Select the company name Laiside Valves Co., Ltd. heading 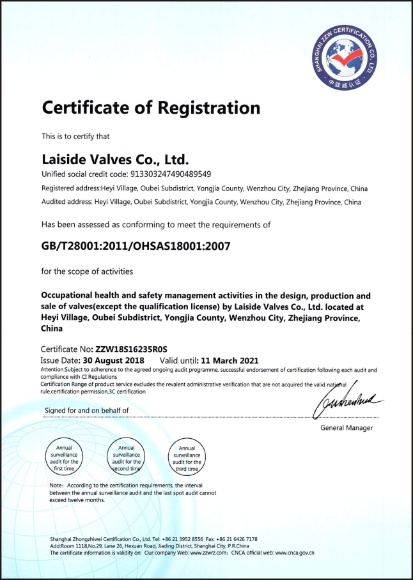point(116,157)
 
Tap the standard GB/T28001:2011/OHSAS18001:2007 point(136,245)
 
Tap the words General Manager point(347,427)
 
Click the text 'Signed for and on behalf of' point(86,410)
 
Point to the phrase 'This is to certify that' point(75,135)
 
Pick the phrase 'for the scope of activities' point(87,271)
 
